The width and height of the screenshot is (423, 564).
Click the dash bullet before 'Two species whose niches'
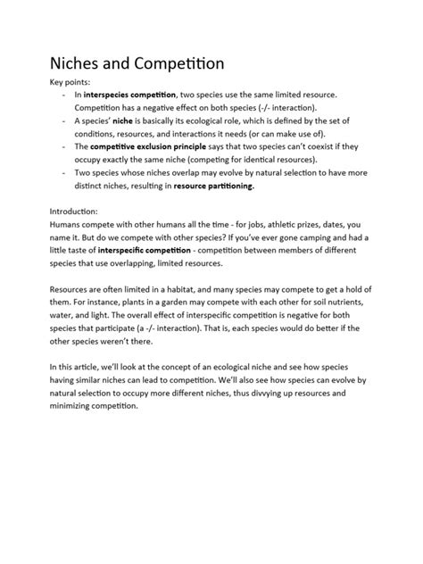click(x=59, y=172)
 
